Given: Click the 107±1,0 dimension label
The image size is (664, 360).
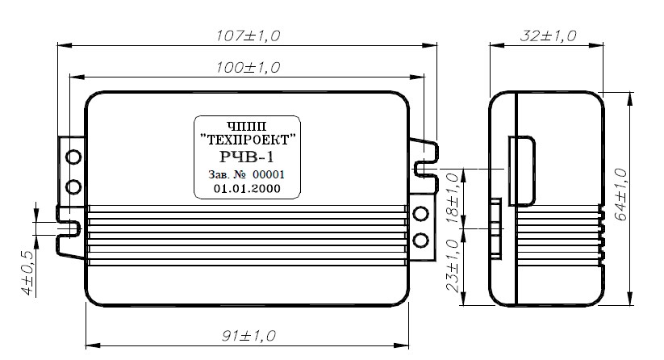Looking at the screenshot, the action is (x=248, y=36).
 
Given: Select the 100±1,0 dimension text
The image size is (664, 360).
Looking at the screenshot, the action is (x=248, y=67).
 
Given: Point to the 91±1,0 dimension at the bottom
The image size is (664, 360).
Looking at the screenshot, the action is (x=248, y=336).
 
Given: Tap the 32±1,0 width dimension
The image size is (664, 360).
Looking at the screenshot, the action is (x=548, y=36).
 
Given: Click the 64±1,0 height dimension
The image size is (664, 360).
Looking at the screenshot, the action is (x=621, y=195).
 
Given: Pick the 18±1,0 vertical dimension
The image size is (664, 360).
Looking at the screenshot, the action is (x=453, y=198).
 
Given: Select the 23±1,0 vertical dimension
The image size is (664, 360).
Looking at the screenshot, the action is (x=453, y=266).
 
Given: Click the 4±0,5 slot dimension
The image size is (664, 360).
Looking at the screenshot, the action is (x=27, y=273).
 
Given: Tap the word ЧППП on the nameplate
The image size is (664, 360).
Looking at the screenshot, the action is (x=247, y=126).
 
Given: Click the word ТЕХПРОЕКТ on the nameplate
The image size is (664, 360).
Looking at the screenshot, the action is (x=248, y=140).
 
